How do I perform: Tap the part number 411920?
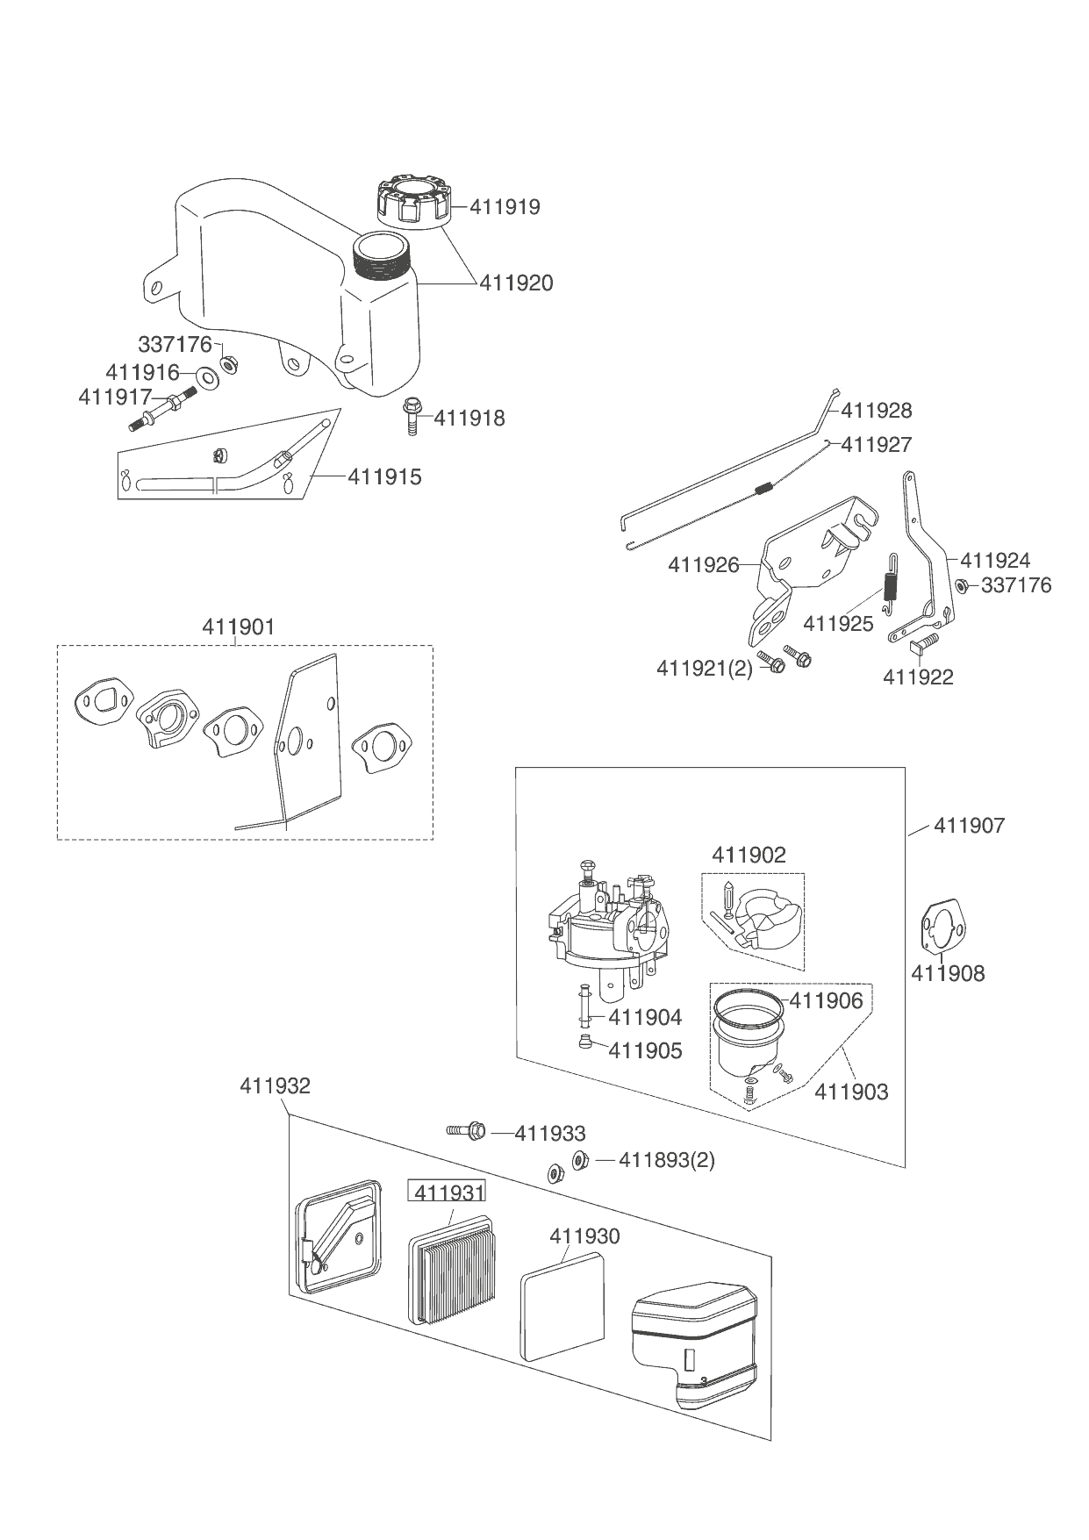tap(516, 283)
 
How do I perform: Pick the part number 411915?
tap(384, 477)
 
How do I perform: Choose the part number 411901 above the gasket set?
tap(238, 627)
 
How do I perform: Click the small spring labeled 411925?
tap(890, 580)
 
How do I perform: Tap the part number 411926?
tap(704, 565)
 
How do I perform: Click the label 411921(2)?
tap(705, 669)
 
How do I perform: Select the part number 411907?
tap(969, 826)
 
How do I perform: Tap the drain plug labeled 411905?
tap(585, 1042)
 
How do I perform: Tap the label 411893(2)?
tap(666, 1160)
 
